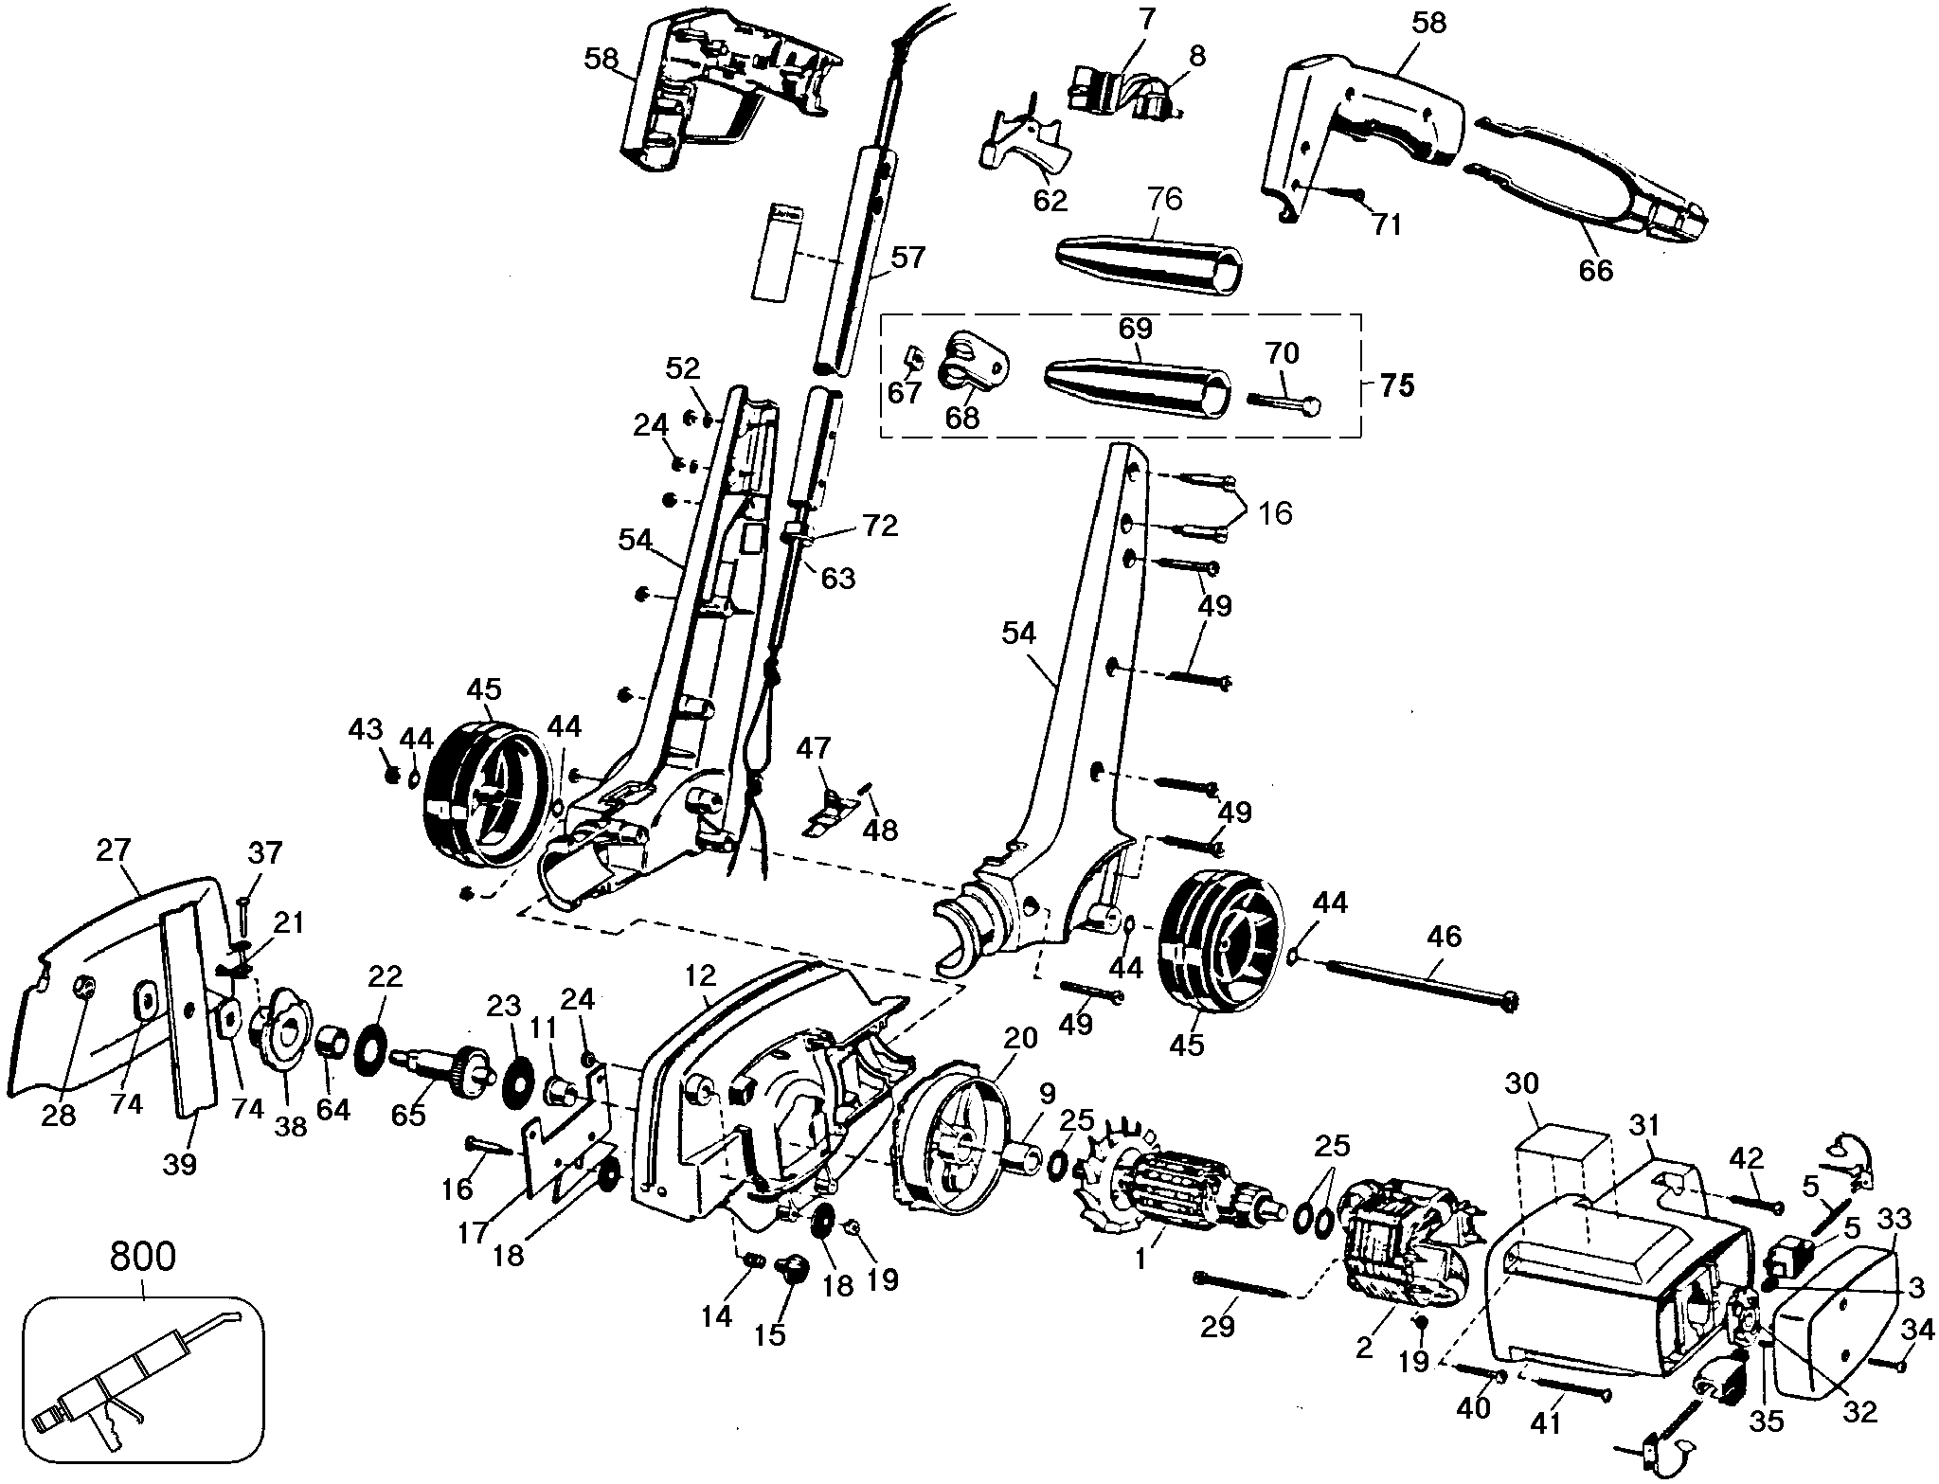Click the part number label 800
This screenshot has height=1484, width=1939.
(x=143, y=1256)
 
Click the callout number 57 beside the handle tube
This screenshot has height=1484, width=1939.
(x=907, y=257)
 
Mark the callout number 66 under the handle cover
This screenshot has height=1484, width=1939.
(x=1594, y=271)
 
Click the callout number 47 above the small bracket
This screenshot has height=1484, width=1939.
(x=813, y=748)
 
